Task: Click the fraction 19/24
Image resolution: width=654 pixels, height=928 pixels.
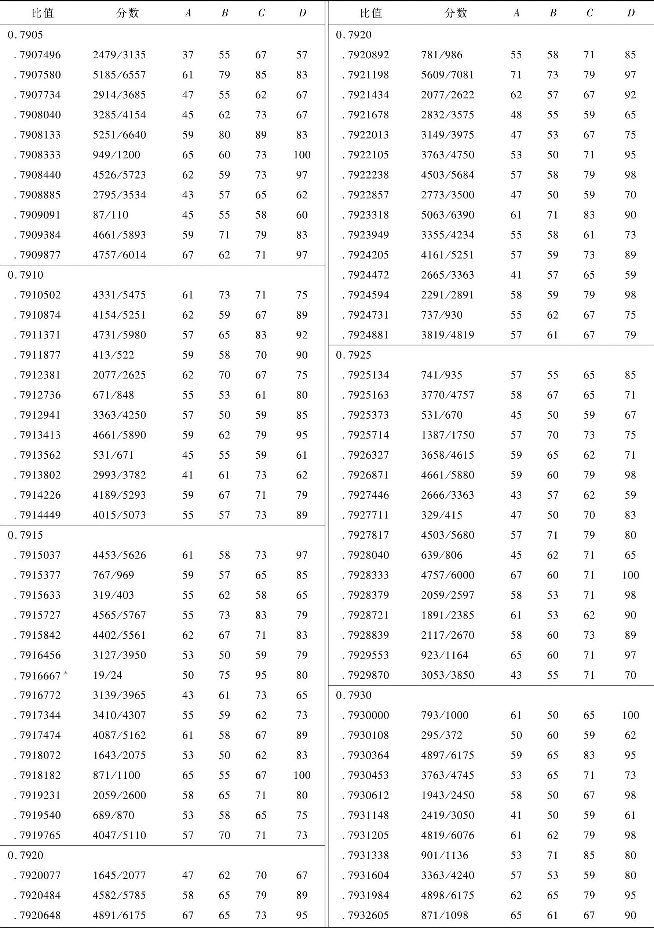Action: pyautogui.click(x=107, y=675)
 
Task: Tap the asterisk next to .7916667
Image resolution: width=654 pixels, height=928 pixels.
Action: pyautogui.click(x=66, y=672)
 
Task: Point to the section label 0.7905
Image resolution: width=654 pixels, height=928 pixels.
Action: pyautogui.click(x=25, y=35)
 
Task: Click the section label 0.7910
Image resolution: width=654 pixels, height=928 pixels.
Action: pyautogui.click(x=25, y=275)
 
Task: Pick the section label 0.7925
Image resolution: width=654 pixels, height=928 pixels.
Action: pyautogui.click(x=353, y=355)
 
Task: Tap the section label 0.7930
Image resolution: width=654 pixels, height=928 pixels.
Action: pyautogui.click(x=353, y=695)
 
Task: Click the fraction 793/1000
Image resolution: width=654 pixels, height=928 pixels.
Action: pyautogui.click(x=445, y=715)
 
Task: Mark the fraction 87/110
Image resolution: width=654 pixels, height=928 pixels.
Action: pyautogui.click(x=110, y=215)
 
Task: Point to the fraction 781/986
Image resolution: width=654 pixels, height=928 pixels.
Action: pyautogui.click(x=441, y=55)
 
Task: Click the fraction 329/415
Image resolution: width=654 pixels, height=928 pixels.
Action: pyautogui.click(x=441, y=515)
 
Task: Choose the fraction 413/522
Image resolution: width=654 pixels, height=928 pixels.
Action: pyautogui.click(x=113, y=355)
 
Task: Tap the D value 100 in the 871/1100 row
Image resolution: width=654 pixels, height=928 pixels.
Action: pyautogui.click(x=302, y=775)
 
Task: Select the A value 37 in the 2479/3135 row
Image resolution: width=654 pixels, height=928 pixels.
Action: pyautogui.click(x=188, y=55)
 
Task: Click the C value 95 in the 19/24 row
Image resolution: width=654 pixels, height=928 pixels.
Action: pyautogui.click(x=261, y=675)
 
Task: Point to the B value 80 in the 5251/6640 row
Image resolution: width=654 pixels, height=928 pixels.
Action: pyautogui.click(x=224, y=135)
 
